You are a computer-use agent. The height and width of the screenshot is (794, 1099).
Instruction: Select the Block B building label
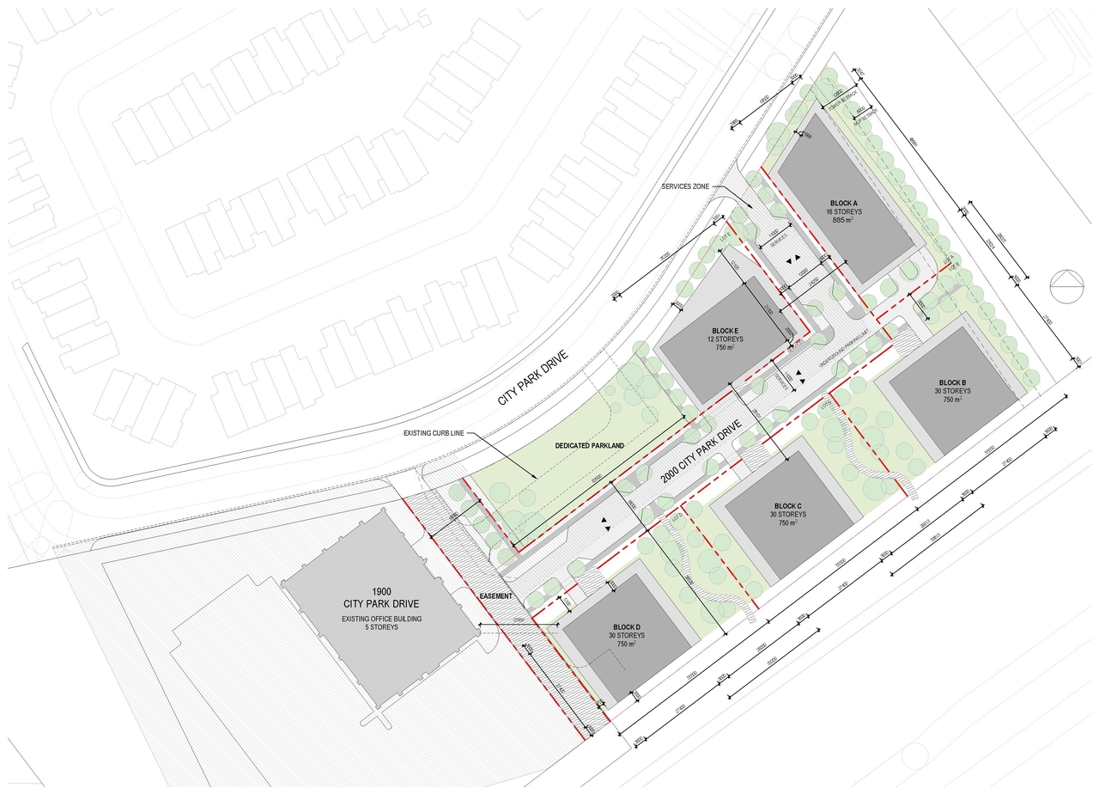click(x=952, y=382)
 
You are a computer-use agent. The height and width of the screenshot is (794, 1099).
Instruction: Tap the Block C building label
click(x=786, y=505)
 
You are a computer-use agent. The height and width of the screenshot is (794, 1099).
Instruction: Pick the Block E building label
click(x=726, y=331)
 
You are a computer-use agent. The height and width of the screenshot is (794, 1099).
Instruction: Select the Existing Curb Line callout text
click(x=434, y=433)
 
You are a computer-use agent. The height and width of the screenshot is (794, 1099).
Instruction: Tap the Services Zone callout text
click(x=689, y=186)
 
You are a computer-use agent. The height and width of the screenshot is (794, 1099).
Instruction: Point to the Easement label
click(x=496, y=596)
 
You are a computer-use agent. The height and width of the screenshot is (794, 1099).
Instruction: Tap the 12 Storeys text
click(x=726, y=339)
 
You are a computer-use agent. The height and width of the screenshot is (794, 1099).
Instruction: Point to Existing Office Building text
click(x=381, y=618)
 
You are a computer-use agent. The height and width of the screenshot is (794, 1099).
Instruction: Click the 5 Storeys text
click(x=381, y=627)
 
